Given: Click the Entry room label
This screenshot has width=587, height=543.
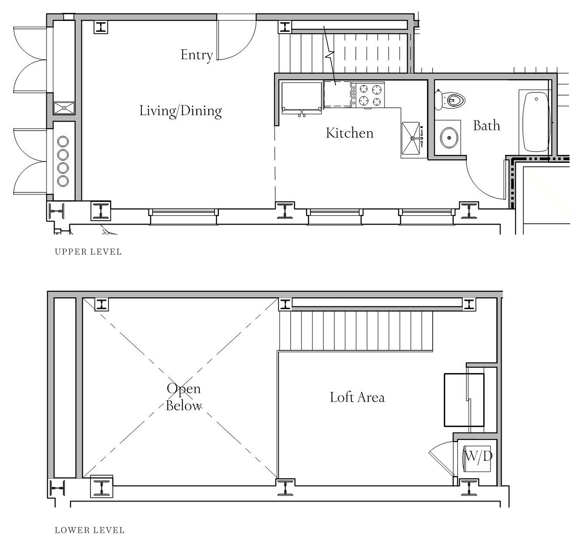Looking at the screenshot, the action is (197, 55).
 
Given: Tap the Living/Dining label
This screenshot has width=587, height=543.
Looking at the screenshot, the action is (181, 111).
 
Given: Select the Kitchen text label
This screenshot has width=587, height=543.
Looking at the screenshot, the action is (349, 133).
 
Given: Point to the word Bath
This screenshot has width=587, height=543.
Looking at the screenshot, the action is (486, 126).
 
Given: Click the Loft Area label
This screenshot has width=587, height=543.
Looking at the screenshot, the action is (357, 397).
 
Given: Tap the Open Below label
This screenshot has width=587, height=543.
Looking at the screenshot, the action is (184, 397).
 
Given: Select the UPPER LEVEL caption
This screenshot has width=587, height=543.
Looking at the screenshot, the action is (88, 252).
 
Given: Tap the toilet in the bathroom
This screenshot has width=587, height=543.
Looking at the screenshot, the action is (450, 100).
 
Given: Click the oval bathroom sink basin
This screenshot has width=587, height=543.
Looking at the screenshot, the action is (449, 138).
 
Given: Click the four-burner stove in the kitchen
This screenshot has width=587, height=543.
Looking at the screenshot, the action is (368, 95).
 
